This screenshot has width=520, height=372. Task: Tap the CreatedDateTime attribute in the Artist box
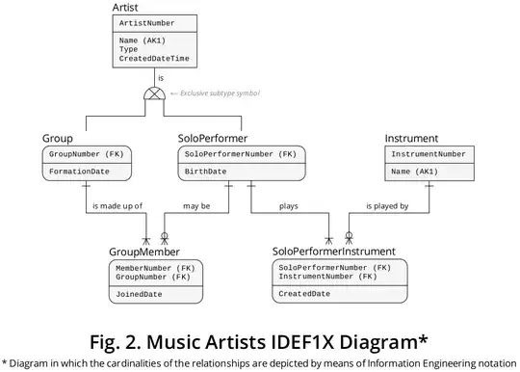(154, 58)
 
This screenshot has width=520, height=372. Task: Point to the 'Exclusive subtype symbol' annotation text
(220, 93)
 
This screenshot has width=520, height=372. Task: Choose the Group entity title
(59, 139)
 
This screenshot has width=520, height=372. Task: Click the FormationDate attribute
(79, 172)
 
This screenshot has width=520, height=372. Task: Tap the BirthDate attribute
(206, 172)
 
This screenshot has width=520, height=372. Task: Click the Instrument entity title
(411, 139)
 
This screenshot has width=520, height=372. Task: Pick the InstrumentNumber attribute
(428, 154)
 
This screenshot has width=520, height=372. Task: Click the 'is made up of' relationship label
(119, 205)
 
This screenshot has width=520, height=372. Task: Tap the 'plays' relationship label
(288, 205)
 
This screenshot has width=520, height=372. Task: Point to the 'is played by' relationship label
(387, 205)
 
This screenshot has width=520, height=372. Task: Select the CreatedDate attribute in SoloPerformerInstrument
(304, 293)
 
